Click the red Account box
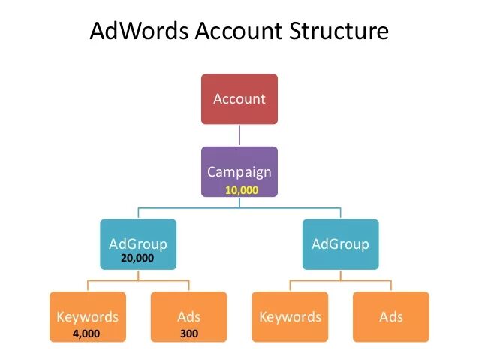pos(239,98)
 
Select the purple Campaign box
pos(239,171)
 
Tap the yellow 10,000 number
pos(242,191)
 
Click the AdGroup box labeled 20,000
pos(137,244)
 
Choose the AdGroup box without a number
pos(340,244)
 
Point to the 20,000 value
pos(137,258)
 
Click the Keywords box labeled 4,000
pos(88,317)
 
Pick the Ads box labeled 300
pos(188,317)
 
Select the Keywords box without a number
pos(290,317)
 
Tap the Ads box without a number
pos(390,317)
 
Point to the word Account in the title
pos(236,32)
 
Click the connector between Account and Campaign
pos(239,135)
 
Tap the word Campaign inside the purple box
pos(239,172)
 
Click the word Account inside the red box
pos(239,98)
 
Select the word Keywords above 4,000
pos(88,316)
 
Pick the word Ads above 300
pos(189,316)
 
